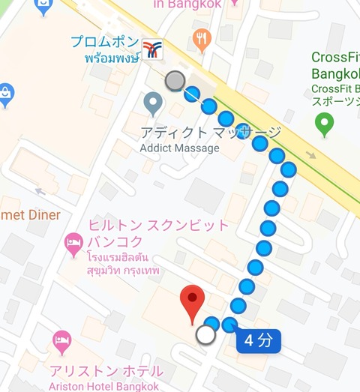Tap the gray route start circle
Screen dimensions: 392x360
(175, 80)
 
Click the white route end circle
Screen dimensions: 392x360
(205, 334)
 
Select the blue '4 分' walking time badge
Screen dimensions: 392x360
(259, 341)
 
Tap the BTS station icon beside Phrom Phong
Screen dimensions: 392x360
(153, 50)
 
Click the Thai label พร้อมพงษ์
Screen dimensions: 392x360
(111, 58)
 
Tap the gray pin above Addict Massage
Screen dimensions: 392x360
(153, 103)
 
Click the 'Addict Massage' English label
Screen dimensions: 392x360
(181, 148)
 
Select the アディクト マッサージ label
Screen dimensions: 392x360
(211, 133)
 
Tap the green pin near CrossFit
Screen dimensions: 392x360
(325, 124)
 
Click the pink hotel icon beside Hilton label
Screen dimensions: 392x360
(73, 242)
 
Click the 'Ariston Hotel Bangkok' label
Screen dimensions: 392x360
(105, 386)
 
